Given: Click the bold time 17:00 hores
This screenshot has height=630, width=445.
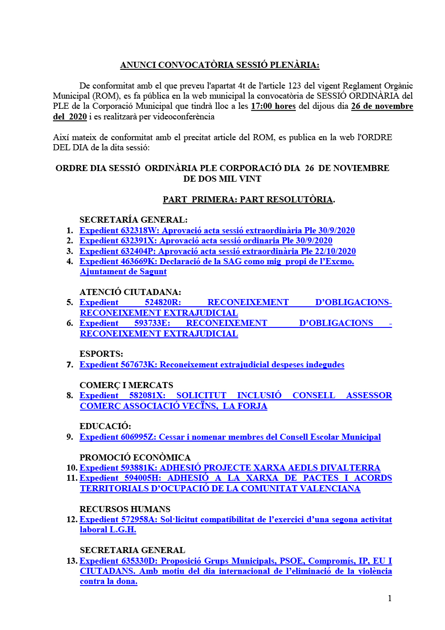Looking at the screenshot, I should pyautogui.click(x=273, y=106).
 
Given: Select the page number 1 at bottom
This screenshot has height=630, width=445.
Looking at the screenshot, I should pyautogui.click(x=389, y=599).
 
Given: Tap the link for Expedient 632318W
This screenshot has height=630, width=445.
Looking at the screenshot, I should pyautogui.click(x=217, y=231).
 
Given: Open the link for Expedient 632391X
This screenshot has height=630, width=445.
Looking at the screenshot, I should pyautogui.click(x=206, y=241).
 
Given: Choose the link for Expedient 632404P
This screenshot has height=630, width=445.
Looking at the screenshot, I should pyautogui.click(x=217, y=251).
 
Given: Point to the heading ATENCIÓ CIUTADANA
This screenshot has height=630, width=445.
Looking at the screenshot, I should pyautogui.click(x=130, y=292).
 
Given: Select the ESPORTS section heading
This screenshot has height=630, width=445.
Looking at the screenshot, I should pyautogui.click(x=101, y=354).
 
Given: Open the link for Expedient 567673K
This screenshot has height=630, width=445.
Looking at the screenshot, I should pyautogui.click(x=212, y=365).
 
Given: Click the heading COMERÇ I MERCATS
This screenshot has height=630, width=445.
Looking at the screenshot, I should pyautogui.click(x=126, y=385).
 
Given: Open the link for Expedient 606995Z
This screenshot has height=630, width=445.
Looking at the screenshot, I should pyautogui.click(x=230, y=437).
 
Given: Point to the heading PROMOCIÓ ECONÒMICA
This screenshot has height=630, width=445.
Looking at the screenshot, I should pyautogui.click(x=135, y=457).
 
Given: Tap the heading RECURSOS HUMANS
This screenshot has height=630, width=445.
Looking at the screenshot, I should pyautogui.click(x=125, y=509).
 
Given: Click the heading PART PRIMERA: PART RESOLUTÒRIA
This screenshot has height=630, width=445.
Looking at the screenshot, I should pyautogui.click(x=248, y=200).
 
